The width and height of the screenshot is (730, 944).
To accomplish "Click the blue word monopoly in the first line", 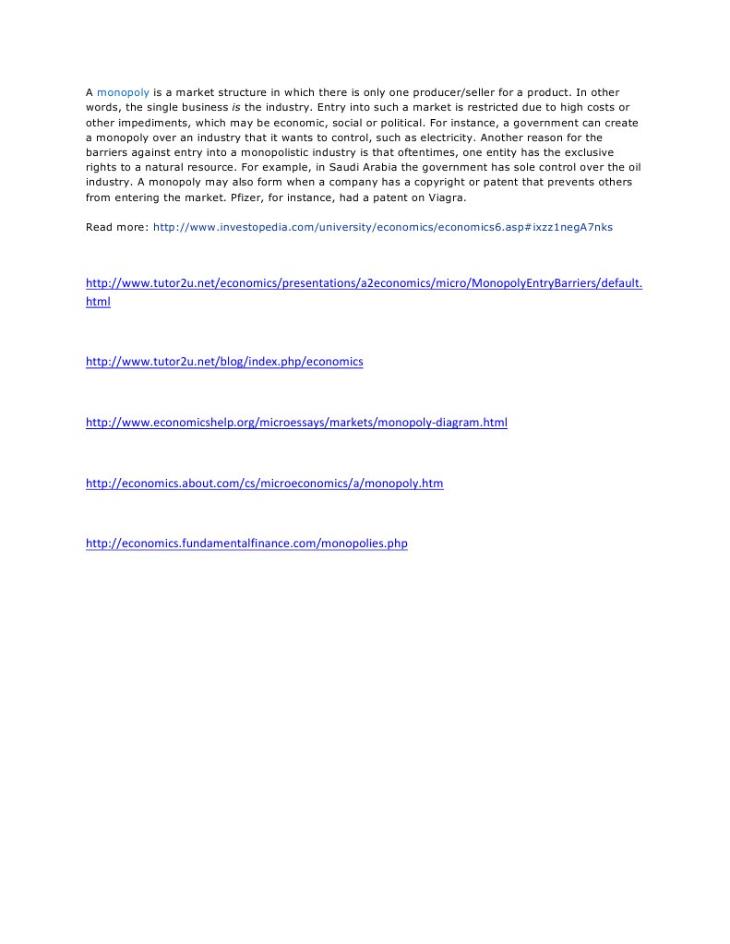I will (x=123, y=92).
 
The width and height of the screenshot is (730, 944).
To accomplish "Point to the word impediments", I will (x=152, y=122).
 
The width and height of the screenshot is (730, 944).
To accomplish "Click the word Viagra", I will (x=447, y=197).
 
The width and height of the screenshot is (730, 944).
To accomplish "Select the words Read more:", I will (x=116, y=227).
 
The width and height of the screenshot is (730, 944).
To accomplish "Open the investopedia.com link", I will (x=382, y=227).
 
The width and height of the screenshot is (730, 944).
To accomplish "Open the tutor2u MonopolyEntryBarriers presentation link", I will (x=364, y=283).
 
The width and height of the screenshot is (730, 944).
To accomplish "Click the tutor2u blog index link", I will (x=224, y=362).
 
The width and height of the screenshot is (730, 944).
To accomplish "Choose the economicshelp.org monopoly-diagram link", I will (x=296, y=423).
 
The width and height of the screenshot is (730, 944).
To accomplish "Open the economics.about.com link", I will (x=264, y=483).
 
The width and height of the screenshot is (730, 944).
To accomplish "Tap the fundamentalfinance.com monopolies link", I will (x=246, y=544).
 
